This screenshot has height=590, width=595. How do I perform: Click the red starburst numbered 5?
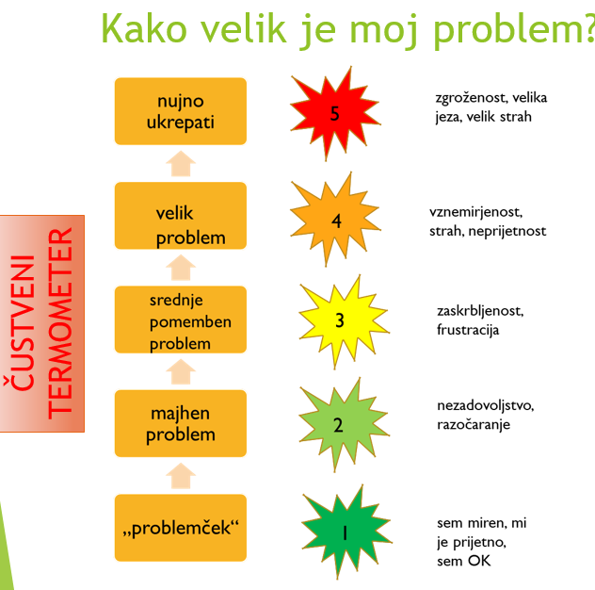335,114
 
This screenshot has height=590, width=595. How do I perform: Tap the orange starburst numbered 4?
335,220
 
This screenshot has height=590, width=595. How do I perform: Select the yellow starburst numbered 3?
344,321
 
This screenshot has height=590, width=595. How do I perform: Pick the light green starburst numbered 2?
344,425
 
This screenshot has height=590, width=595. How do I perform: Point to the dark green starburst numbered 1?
346,532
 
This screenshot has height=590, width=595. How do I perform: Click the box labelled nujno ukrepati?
181,111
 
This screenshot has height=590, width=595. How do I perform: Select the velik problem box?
181,216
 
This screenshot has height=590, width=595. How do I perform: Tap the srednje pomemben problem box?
181,320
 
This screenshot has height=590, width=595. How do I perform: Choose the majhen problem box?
181,423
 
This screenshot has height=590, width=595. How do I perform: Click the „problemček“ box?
181,528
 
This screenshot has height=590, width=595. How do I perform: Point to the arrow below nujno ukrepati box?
181,164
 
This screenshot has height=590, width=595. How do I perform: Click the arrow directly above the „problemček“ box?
181,476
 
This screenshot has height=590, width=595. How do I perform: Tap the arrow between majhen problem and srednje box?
181,371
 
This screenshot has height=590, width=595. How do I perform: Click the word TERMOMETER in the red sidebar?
60,323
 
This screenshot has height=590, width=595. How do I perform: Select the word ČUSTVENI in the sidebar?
23,322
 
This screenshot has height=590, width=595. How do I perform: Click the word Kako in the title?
144,29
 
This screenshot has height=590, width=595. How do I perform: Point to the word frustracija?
468,330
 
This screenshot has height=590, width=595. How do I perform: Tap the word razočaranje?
474,424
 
